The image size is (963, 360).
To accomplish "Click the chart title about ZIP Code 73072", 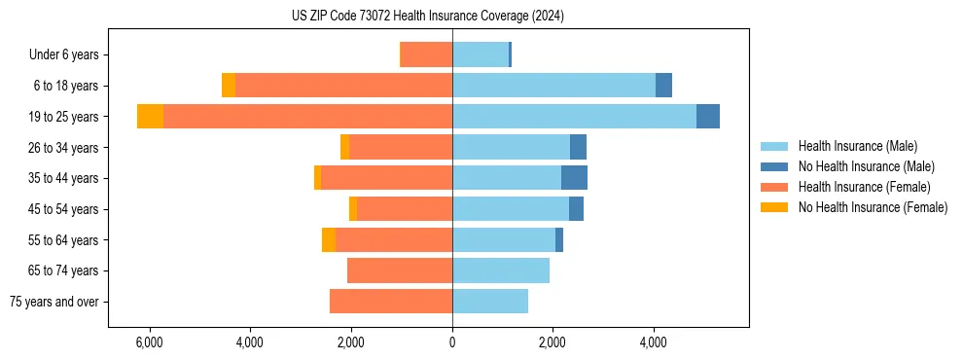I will (427, 16).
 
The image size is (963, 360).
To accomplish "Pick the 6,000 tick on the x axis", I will (149, 342).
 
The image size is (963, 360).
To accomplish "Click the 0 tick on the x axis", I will (452, 342).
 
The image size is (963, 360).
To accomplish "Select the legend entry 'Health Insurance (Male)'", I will (857, 146).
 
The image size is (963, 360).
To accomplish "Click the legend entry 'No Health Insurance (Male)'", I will (866, 166).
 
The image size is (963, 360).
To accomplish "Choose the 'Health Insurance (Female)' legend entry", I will (864, 187).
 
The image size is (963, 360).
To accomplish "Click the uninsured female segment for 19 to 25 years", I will (150, 117).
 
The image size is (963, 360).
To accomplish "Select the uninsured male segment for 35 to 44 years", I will (574, 178).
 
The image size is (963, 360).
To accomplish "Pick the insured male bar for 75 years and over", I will (490, 302).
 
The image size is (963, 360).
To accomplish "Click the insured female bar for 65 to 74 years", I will (400, 270).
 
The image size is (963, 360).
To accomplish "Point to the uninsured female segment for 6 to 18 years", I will (229, 86).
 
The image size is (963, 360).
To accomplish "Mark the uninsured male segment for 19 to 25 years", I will (708, 117).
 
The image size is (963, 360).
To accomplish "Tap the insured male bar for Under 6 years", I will (481, 54).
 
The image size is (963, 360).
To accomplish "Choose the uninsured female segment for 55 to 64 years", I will (329, 240).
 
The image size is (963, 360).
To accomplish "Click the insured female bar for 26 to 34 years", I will (401, 147).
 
